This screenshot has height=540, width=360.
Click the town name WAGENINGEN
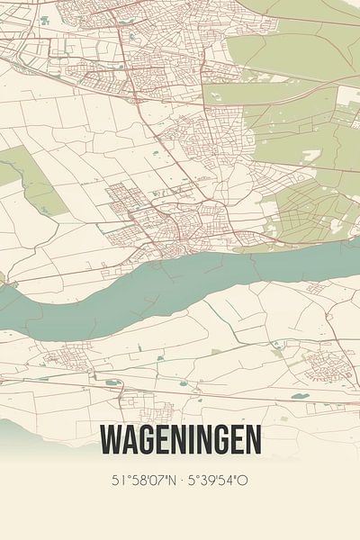click(180, 440)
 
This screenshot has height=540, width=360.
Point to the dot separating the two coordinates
click(180, 481)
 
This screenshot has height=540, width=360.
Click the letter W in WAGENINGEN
click(110, 440)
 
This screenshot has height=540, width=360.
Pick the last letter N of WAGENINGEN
click(253, 440)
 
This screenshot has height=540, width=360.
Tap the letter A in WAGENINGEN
click(128, 440)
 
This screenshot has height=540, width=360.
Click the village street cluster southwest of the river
click(63, 361)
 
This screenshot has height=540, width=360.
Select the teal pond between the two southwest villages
click(112, 382)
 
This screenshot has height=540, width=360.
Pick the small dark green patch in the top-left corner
click(43, 20)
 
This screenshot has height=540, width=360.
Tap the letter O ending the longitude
click(245, 481)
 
